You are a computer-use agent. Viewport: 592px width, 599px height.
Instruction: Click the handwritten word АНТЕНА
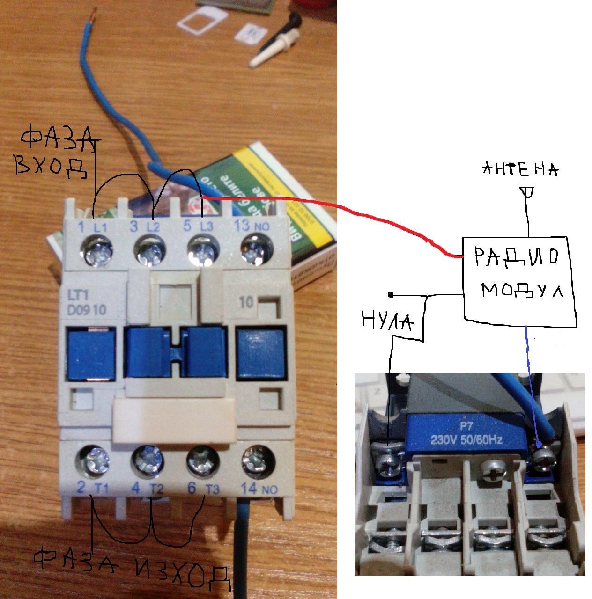(x=520, y=169)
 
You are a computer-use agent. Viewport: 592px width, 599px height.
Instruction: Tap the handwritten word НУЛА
(x=387, y=321)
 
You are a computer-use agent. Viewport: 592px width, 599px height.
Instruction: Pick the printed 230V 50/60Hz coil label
(x=466, y=439)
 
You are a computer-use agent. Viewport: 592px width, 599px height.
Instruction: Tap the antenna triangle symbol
(x=527, y=192)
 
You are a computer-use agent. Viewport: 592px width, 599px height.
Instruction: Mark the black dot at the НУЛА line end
(x=391, y=295)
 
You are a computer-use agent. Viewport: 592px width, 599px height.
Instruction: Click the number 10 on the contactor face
(x=247, y=302)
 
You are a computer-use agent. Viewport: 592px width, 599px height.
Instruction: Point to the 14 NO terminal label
(x=259, y=489)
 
